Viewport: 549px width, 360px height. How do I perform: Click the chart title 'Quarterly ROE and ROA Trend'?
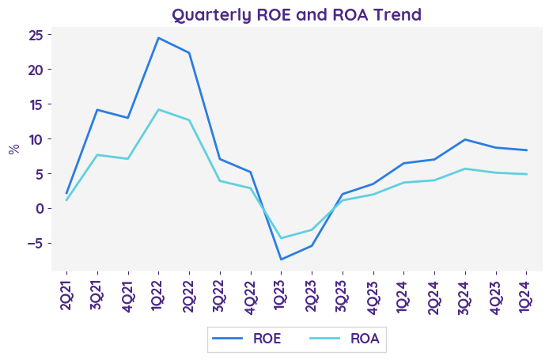click(297, 14)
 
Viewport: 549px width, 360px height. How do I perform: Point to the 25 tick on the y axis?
click(36, 35)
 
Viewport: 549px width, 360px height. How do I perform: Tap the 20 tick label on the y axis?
click(36, 70)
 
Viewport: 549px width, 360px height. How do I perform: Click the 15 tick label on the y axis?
click(36, 104)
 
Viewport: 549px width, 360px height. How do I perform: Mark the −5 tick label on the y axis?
click(33, 244)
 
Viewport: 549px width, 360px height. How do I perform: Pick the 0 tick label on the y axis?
click(40, 209)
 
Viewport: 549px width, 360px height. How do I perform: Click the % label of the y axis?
click(13, 149)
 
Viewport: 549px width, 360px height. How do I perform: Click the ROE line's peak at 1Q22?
click(158, 38)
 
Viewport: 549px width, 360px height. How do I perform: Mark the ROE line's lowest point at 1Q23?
click(281, 260)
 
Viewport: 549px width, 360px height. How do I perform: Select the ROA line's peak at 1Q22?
click(158, 109)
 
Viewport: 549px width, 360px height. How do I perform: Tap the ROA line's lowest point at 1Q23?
click(281, 238)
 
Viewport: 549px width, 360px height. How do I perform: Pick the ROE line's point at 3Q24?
click(465, 139)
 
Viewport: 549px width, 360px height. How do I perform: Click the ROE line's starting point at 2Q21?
click(66, 193)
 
